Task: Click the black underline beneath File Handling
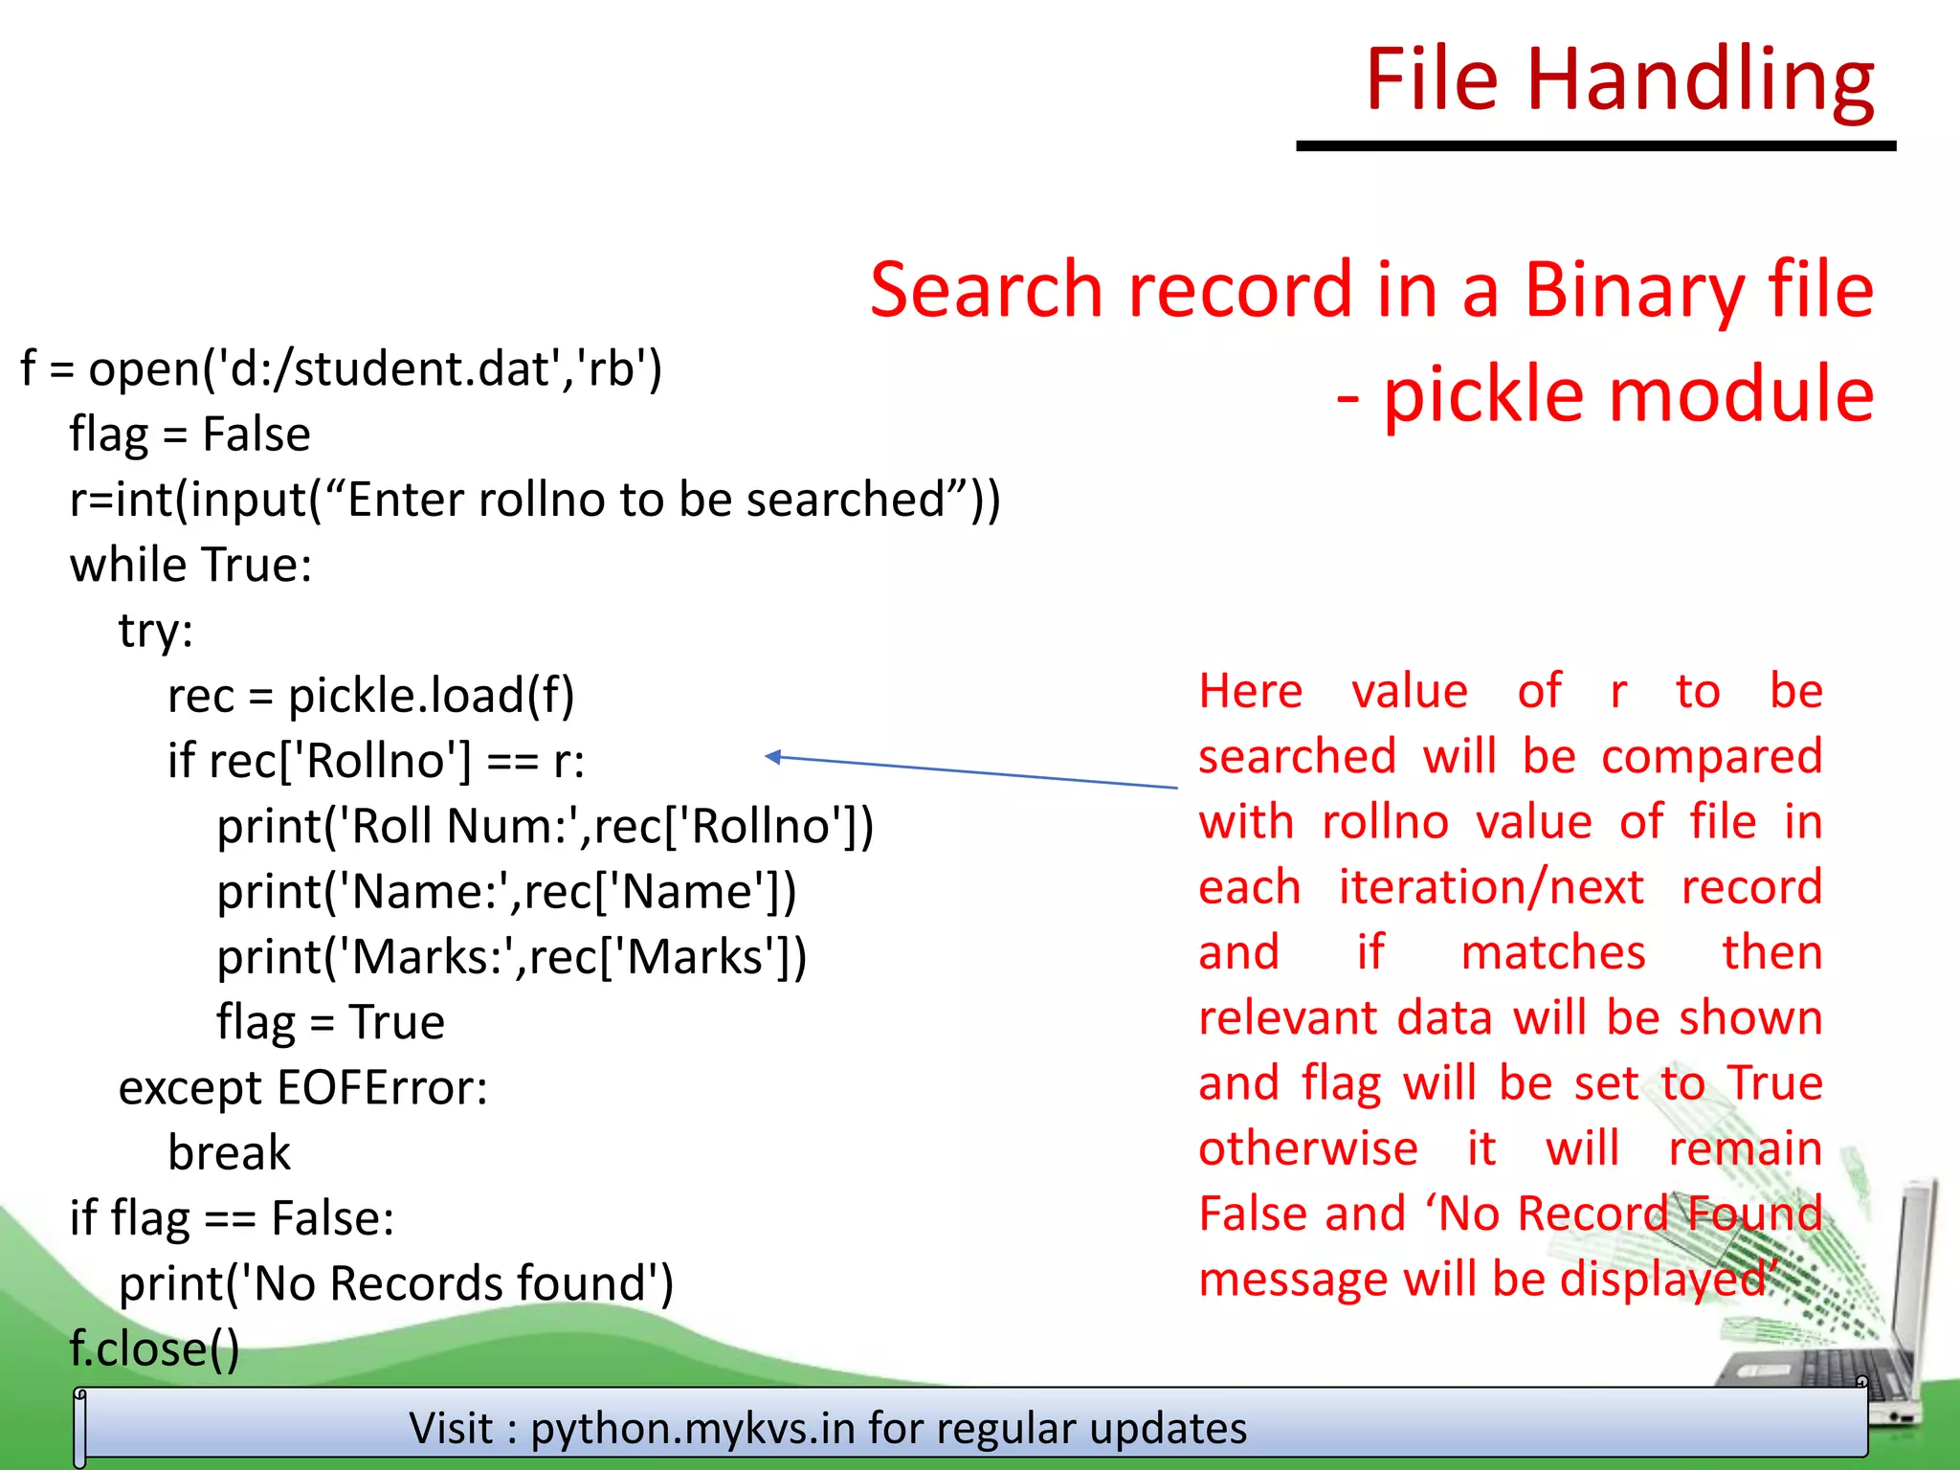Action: point(1595,145)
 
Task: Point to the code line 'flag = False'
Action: point(189,434)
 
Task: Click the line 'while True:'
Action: point(190,565)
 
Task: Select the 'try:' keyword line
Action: point(156,631)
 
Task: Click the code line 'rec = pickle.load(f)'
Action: point(370,696)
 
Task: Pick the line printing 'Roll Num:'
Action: point(545,826)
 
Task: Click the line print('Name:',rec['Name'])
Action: point(506,892)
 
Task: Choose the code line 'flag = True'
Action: point(330,1022)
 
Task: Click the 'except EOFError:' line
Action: point(302,1088)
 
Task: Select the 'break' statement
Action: point(229,1153)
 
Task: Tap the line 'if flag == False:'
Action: point(232,1218)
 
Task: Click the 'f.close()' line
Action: point(154,1348)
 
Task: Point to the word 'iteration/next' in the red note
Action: point(1490,888)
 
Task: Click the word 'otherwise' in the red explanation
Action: point(1307,1148)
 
